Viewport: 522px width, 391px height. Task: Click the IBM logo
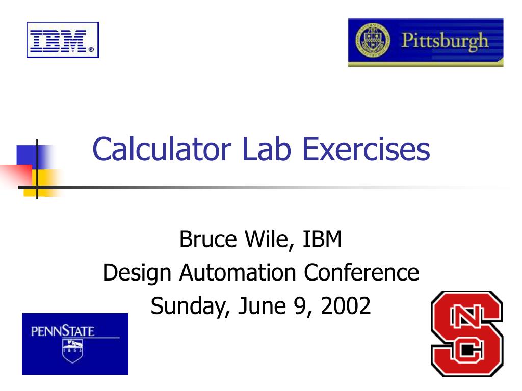point(63,40)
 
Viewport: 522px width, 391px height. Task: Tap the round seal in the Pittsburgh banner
point(373,40)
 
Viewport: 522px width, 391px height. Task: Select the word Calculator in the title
point(162,149)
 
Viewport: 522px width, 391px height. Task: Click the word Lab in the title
point(267,149)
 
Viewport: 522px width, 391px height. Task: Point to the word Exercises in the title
point(366,149)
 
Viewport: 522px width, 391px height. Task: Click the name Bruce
point(208,239)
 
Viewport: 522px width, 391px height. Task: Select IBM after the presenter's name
point(322,239)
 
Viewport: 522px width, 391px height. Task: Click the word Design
point(137,273)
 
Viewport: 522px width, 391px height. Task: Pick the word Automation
point(238,272)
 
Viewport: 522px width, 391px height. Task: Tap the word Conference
point(361,272)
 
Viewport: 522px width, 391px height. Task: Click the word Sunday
point(191,306)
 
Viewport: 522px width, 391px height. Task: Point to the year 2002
point(346,306)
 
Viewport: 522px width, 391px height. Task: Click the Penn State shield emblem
point(72,351)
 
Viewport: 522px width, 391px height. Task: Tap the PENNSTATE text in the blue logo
point(63,331)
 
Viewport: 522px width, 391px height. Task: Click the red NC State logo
point(467,334)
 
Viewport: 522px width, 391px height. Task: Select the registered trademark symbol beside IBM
point(91,50)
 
